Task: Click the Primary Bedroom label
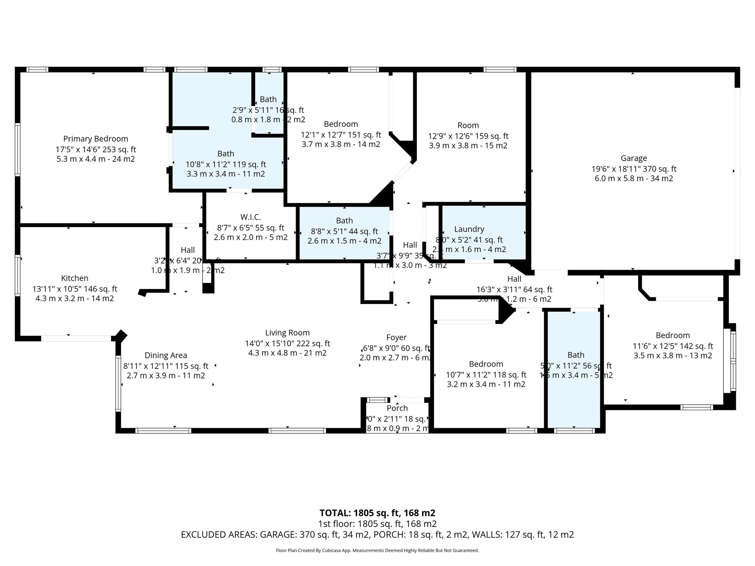95,139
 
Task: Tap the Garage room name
634,158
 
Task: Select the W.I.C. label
250,217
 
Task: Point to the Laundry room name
469,229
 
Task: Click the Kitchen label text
74,278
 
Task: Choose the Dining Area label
166,356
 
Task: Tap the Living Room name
287,333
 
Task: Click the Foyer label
396,338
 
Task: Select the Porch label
397,408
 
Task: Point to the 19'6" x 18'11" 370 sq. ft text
634,169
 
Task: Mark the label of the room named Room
468,125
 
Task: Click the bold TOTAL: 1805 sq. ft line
377,513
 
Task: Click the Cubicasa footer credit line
377,551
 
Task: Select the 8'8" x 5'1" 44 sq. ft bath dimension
344,231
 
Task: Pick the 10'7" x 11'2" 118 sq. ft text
486,375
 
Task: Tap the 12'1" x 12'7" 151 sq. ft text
341,135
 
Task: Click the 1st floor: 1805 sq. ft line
377,524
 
